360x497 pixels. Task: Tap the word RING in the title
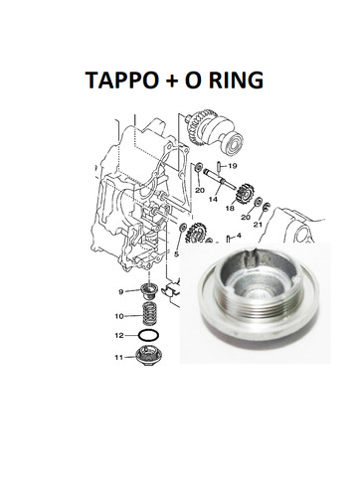[236, 80]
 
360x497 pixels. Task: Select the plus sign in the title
[171, 81]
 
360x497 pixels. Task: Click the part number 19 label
[233, 166]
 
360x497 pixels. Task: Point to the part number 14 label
[213, 199]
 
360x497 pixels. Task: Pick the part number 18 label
[230, 208]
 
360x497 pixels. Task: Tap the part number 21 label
[258, 225]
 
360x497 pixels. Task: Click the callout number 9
[121, 291]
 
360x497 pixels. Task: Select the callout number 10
[119, 316]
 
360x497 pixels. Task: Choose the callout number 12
[119, 336]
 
